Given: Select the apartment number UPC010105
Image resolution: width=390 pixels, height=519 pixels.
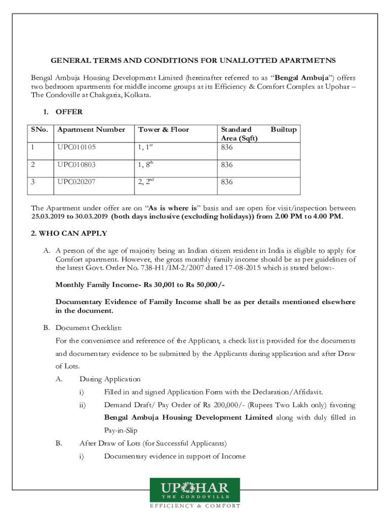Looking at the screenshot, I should pos(76,147).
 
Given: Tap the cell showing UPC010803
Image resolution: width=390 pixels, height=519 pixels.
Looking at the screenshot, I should pos(76,165).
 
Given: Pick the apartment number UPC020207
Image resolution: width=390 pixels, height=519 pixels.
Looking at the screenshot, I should pos(76,182).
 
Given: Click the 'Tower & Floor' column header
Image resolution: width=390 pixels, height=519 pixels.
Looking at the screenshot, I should pos(163,130).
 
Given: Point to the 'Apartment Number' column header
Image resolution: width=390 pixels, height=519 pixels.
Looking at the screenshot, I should pos(91,130).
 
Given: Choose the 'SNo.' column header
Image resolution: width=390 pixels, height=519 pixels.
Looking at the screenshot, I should pos(40,130).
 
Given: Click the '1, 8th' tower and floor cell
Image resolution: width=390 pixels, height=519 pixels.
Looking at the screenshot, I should pos(145,165).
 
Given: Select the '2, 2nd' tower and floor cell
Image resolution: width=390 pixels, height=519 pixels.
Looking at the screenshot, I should pos(146,182).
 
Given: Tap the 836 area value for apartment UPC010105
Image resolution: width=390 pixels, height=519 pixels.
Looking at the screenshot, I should pos(226,147).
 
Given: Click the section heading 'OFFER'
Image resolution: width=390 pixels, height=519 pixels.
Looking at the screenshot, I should pos(69,112).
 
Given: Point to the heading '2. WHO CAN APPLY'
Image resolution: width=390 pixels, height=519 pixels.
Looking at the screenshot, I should pos(69,234).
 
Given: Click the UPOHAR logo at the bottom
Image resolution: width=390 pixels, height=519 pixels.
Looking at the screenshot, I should pos(194,490).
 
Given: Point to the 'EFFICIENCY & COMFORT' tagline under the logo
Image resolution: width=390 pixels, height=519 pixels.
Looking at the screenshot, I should pos(194,506).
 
